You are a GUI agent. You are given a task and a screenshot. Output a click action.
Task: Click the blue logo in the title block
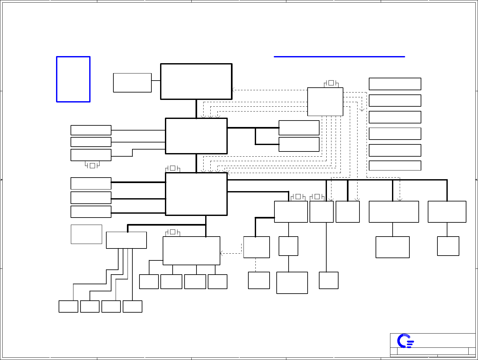click(x=405, y=341)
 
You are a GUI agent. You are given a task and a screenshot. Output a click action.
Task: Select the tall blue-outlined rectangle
click(x=73, y=79)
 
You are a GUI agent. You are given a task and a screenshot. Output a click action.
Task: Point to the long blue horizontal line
click(x=339, y=57)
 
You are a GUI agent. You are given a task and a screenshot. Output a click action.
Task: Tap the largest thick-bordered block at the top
click(x=196, y=81)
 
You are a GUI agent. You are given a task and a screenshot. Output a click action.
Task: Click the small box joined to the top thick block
click(x=132, y=83)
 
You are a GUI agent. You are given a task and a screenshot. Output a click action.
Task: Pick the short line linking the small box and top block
click(x=156, y=81)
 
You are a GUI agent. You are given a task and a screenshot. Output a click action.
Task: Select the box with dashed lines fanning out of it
click(x=325, y=102)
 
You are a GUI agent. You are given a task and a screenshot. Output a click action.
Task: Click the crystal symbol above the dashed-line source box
click(x=331, y=83)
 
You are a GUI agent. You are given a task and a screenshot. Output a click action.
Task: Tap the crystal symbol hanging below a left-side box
click(x=92, y=165)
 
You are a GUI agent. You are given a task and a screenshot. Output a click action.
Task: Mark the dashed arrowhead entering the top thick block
click(x=233, y=90)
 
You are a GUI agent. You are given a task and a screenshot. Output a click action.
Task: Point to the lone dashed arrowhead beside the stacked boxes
click(x=362, y=110)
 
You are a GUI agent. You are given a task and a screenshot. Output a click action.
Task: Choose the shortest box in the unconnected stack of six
click(x=395, y=166)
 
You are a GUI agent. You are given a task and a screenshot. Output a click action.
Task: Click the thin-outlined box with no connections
click(x=86, y=234)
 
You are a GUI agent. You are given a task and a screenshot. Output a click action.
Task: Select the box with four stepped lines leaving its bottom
click(x=126, y=240)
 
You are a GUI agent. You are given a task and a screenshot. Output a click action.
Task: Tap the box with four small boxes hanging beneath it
click(x=191, y=251)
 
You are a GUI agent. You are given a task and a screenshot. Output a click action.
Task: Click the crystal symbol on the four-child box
click(x=173, y=232)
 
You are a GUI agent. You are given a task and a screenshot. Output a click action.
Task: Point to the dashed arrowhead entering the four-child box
click(x=221, y=253)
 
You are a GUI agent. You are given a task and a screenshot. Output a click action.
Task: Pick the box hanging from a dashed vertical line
click(x=259, y=280)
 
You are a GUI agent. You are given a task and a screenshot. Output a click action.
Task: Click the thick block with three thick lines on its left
click(x=196, y=194)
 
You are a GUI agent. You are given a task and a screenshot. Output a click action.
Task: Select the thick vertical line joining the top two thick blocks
click(x=196, y=109)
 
